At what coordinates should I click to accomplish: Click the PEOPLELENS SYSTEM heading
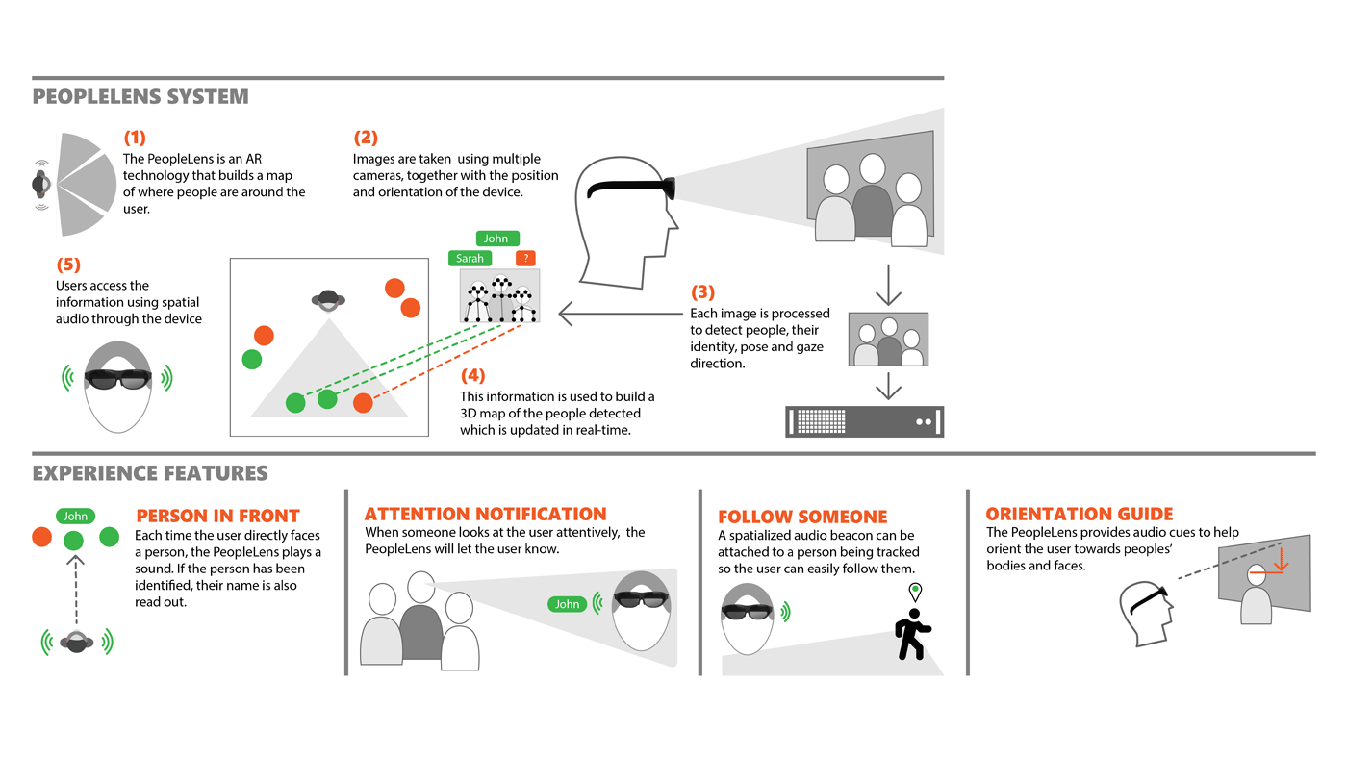click(140, 97)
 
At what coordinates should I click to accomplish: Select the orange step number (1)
click(135, 138)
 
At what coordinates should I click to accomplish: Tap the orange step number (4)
click(472, 375)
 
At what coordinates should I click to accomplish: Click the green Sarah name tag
click(470, 258)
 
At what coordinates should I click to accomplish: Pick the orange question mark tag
click(525, 258)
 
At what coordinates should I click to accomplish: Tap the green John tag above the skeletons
click(496, 239)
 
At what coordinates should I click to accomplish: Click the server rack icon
click(864, 421)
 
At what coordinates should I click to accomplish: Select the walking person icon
click(911, 635)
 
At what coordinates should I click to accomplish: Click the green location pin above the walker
click(915, 592)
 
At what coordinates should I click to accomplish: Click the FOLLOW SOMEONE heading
click(802, 517)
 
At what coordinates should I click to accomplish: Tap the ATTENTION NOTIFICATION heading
click(485, 514)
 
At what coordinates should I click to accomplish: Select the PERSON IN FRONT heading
click(217, 516)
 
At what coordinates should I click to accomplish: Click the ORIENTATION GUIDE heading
click(1080, 514)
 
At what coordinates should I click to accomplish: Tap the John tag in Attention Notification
click(567, 604)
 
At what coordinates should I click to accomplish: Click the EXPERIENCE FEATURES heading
click(150, 473)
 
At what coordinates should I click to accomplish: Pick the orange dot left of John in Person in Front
click(42, 537)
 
